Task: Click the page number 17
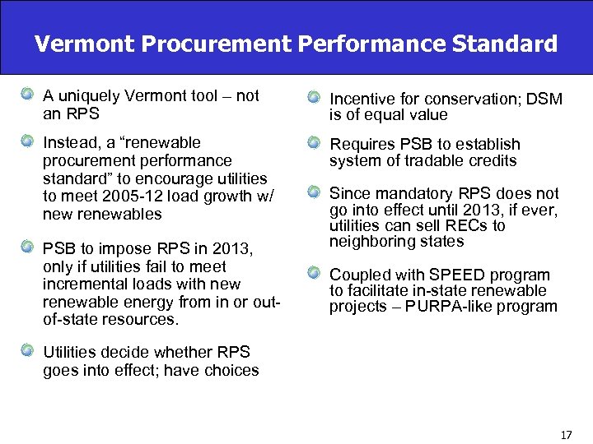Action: coord(565,433)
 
